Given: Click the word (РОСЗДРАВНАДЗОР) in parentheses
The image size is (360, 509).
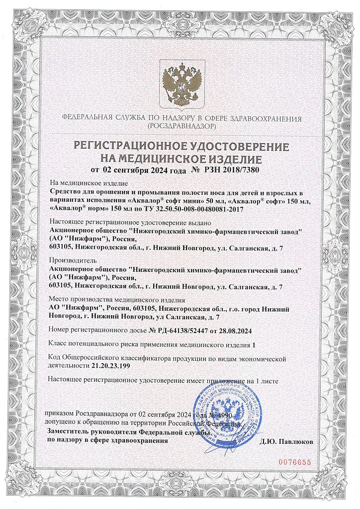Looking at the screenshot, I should pyautogui.click(x=181, y=127).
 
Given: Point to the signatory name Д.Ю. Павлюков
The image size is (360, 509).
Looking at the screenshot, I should pyautogui.click(x=286, y=441).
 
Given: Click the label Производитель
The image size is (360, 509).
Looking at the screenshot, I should pyautogui.click(x=74, y=260).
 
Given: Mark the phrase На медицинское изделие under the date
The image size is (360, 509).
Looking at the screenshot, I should pyautogui.click(x=90, y=183).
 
